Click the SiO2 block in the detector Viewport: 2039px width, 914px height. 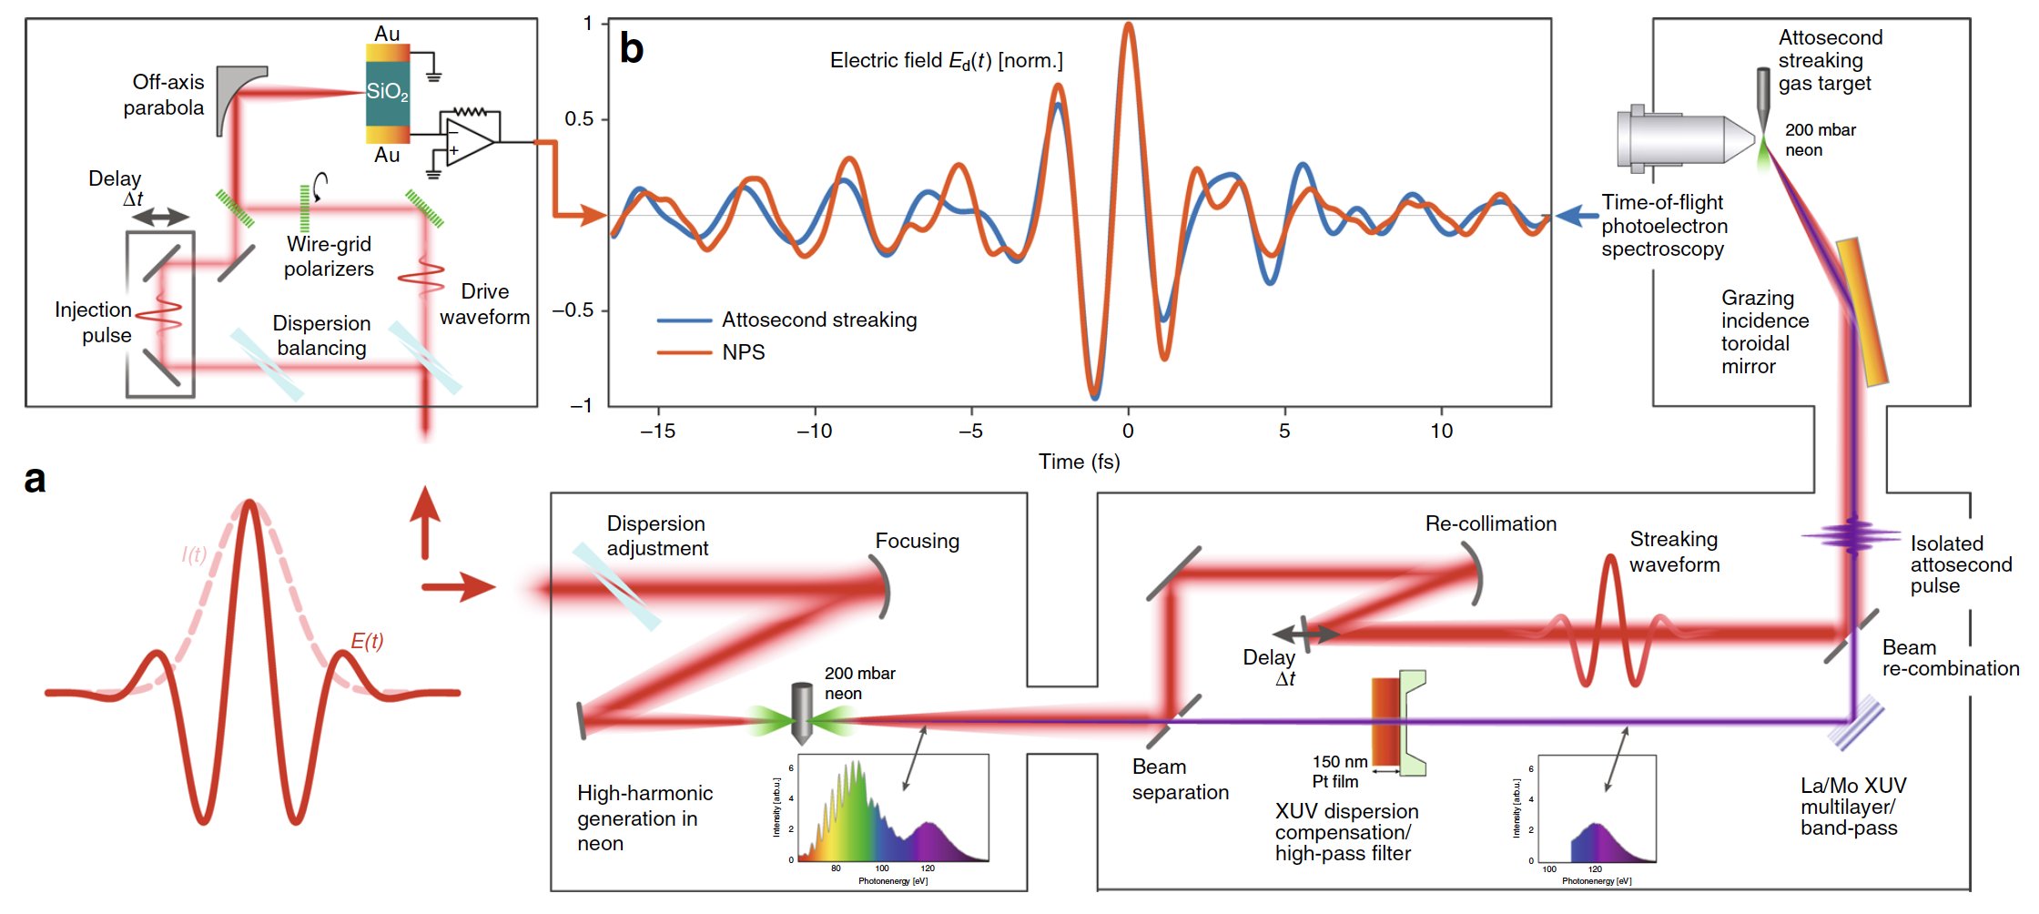tap(387, 93)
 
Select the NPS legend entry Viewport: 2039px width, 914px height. tap(743, 352)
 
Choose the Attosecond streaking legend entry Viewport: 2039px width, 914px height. tap(818, 320)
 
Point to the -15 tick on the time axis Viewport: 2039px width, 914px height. tap(658, 432)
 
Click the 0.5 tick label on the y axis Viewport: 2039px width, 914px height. tap(579, 119)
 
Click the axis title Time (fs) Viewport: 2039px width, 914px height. tap(1079, 462)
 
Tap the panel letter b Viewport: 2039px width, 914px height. tap(632, 48)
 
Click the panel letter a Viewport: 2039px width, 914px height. tap(35, 480)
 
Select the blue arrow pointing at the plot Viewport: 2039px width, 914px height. tap(1576, 217)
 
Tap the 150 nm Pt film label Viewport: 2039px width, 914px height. tap(1339, 771)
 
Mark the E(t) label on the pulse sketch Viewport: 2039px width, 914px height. tap(367, 642)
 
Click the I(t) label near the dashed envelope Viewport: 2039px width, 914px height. tap(194, 554)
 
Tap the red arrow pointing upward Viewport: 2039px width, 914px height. tap(425, 523)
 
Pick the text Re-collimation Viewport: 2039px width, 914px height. tap(1490, 524)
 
